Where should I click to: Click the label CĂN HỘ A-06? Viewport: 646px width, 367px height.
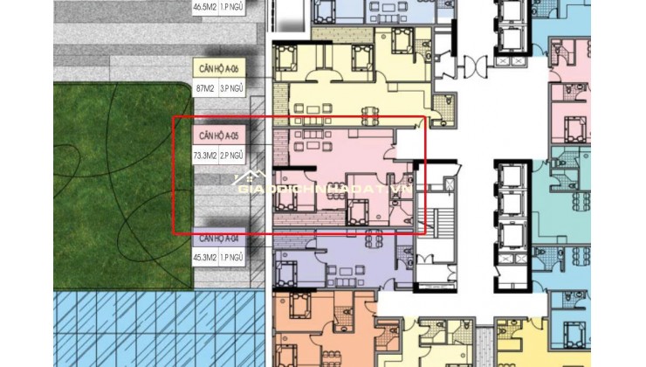tap(218, 68)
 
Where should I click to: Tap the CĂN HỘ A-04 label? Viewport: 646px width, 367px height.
tap(218, 238)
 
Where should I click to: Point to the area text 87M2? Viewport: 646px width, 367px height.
tap(206, 88)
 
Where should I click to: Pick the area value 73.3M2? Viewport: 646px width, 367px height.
tap(207, 156)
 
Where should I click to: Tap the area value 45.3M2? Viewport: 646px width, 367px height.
tap(207, 257)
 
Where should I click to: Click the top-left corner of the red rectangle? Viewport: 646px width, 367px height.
tap(173, 117)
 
